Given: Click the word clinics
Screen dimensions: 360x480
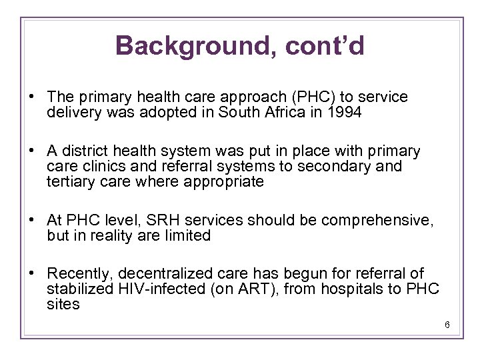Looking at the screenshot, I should (103, 167).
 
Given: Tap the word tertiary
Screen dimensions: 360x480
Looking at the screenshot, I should (71, 182).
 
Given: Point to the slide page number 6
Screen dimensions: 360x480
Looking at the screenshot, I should (447, 325).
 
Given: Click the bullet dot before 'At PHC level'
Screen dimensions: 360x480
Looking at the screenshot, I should (33, 220).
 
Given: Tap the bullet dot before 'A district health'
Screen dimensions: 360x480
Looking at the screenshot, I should (33, 151).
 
